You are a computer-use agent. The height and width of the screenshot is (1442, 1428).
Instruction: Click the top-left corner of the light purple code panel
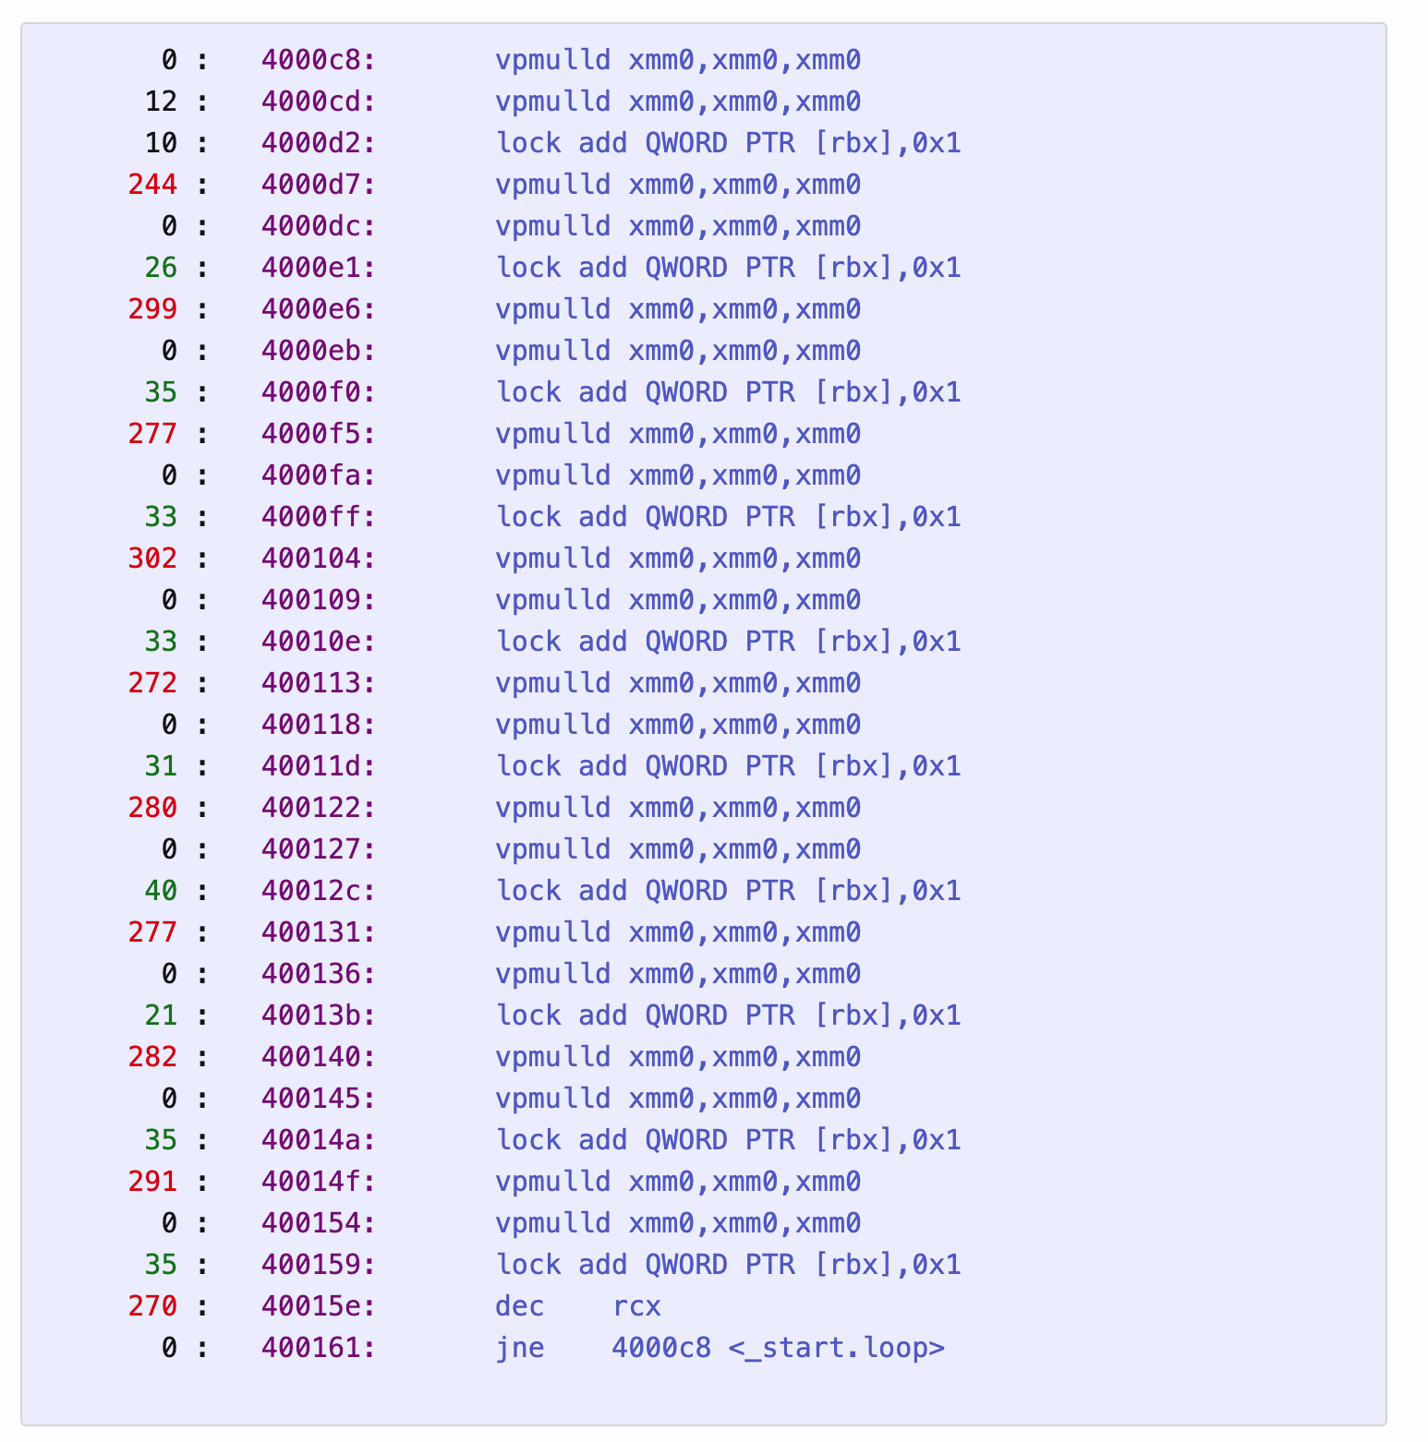(21, 24)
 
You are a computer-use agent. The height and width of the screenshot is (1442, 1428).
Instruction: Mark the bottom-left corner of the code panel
(21, 1425)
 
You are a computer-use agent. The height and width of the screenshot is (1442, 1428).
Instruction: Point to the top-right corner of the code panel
(1386, 24)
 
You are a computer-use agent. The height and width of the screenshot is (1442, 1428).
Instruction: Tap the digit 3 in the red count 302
(136, 559)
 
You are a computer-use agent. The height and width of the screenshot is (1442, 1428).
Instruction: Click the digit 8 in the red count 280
(152, 808)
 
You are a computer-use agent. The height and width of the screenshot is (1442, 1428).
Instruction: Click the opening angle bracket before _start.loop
(736, 1349)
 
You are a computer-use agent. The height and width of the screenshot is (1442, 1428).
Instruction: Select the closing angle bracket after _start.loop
(938, 1349)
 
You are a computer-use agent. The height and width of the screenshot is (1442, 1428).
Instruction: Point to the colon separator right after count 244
(202, 186)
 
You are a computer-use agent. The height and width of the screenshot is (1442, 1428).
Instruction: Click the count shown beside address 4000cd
(161, 102)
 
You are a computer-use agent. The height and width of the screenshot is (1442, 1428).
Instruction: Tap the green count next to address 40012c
(161, 891)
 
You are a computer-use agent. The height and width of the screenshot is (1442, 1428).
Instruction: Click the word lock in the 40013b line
(528, 1015)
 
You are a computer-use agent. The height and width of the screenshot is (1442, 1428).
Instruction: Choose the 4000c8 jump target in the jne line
(661, 1348)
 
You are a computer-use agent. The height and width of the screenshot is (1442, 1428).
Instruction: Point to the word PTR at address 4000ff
(770, 517)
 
